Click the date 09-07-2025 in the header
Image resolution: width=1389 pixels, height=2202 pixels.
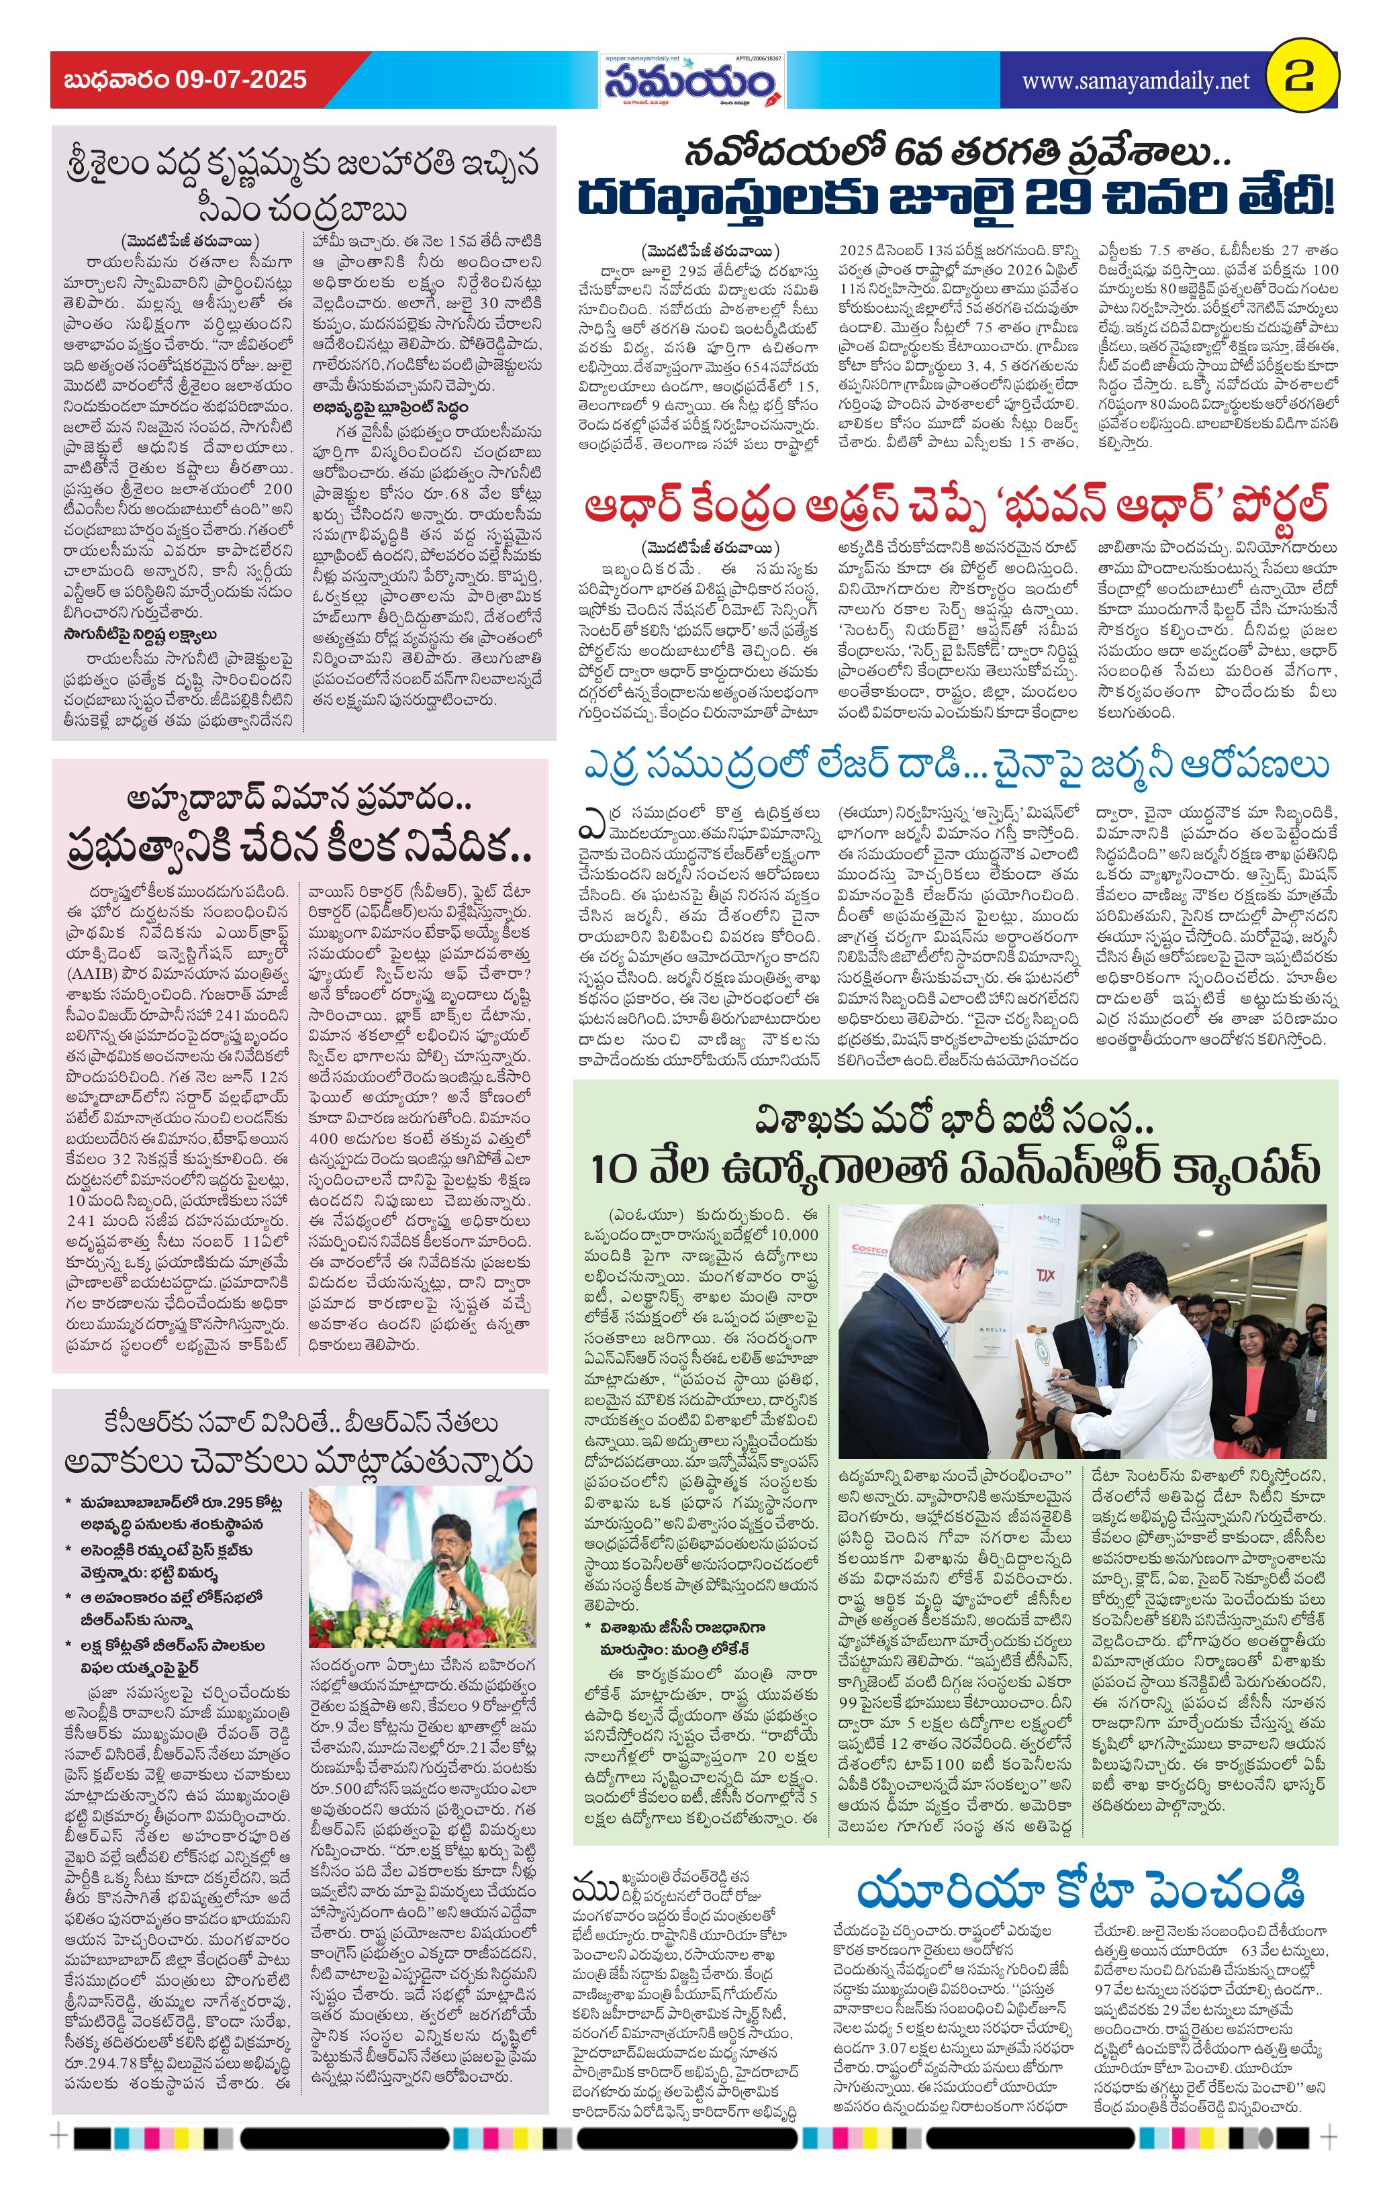pyautogui.click(x=240, y=81)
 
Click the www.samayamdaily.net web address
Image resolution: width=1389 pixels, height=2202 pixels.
pyautogui.click(x=1135, y=81)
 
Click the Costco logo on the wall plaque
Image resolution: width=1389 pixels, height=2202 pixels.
pyautogui.click(x=869, y=1249)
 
